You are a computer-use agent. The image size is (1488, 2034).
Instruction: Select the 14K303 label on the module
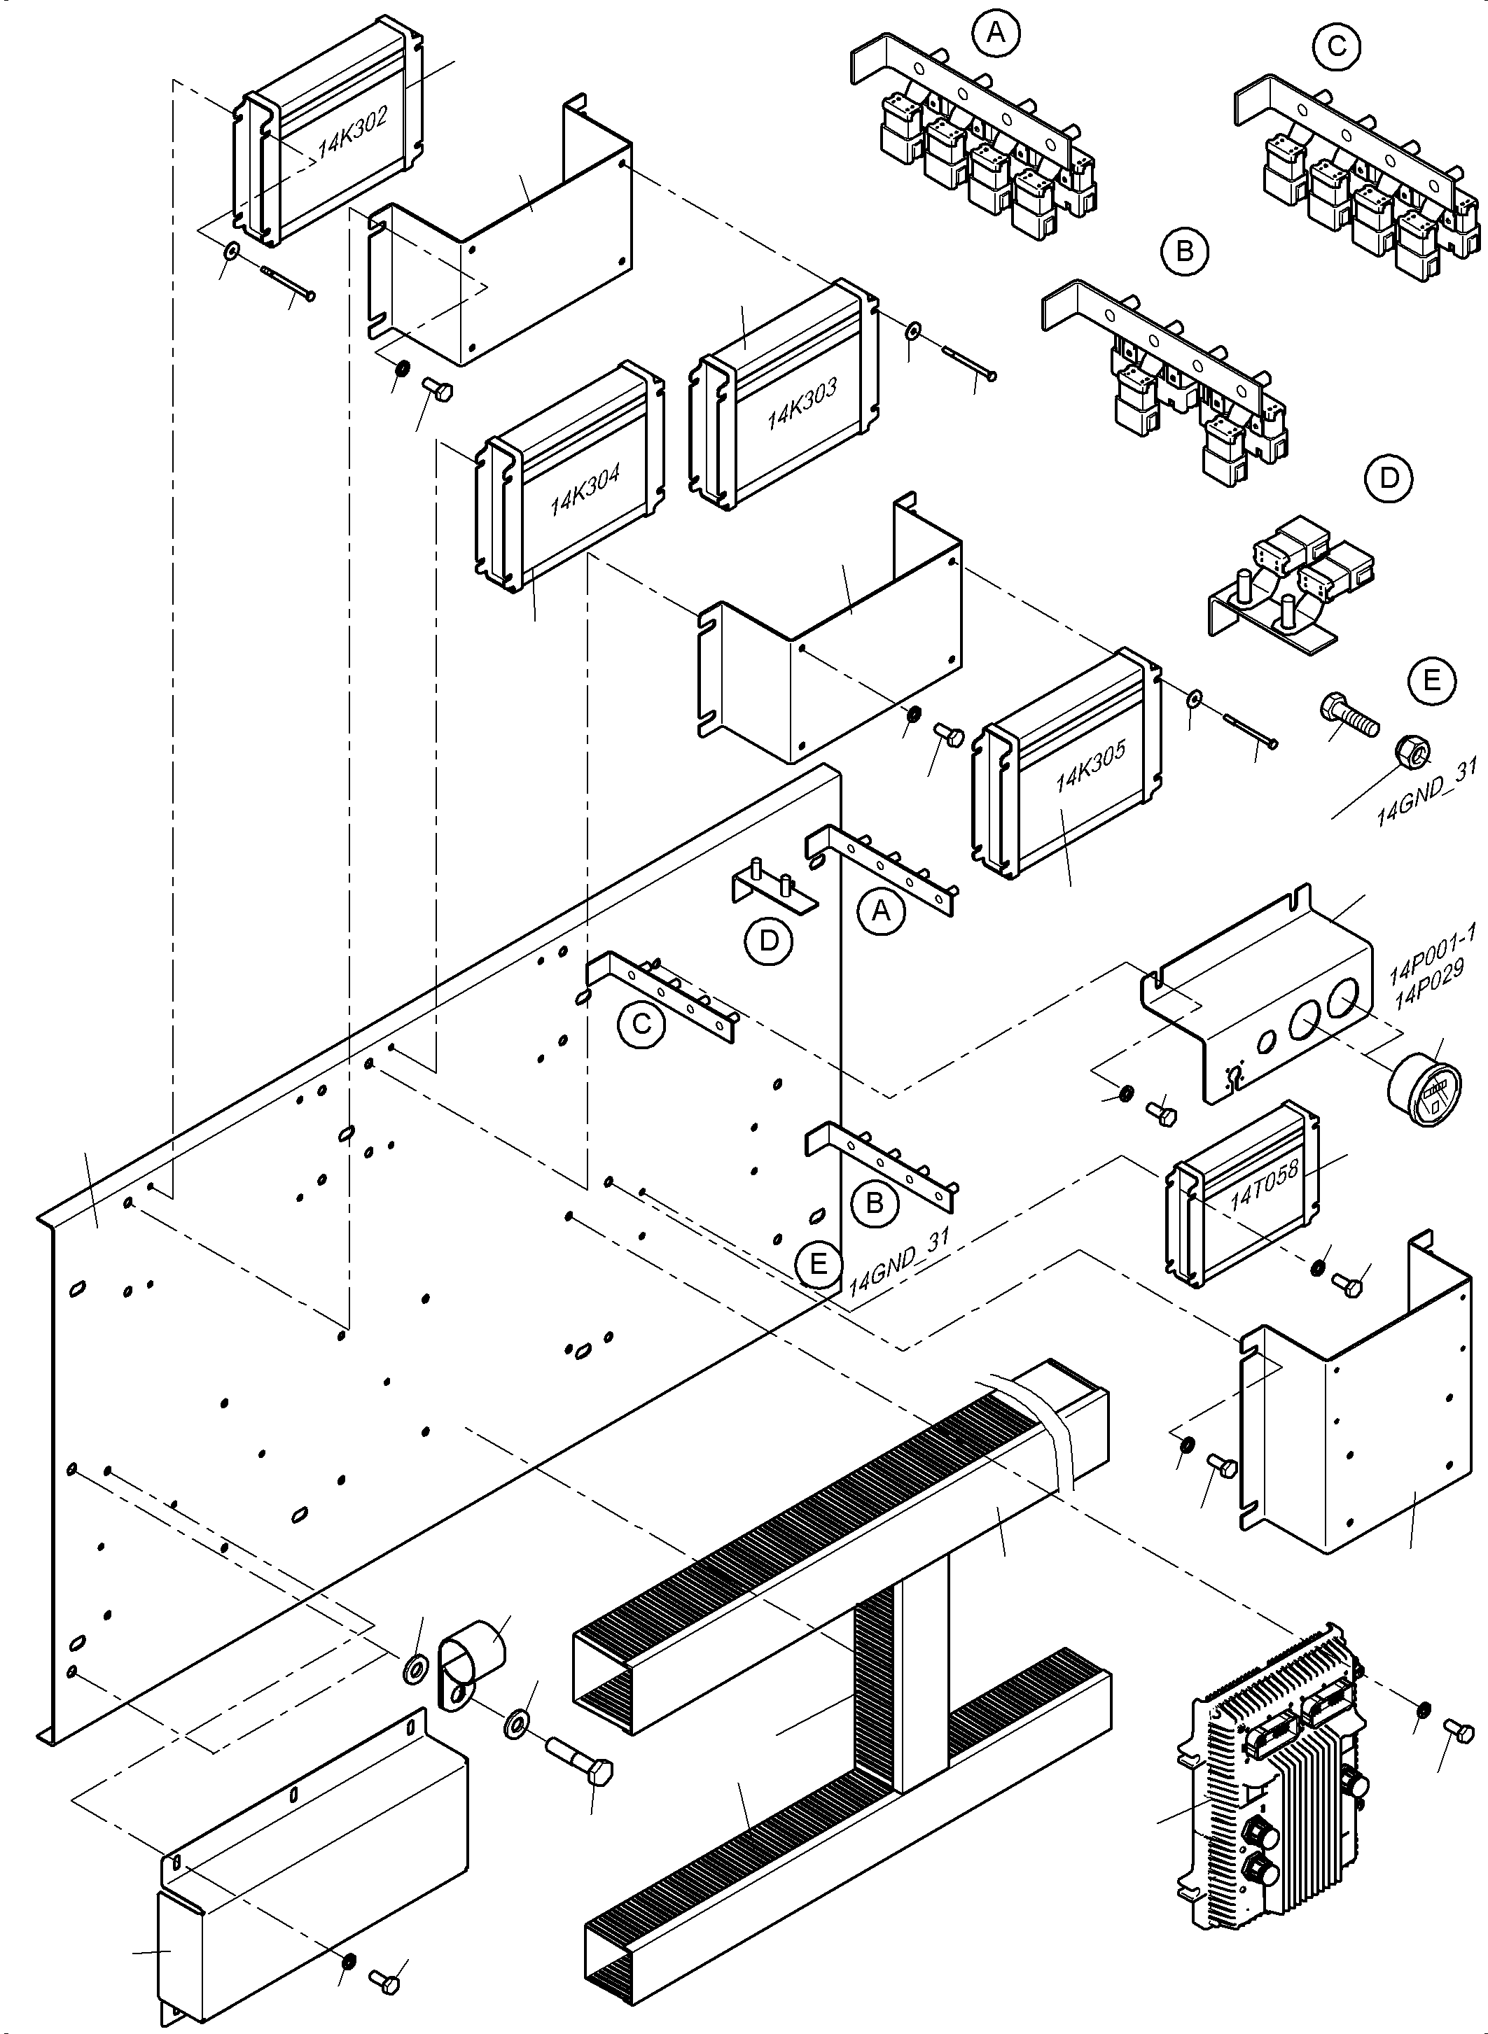point(802,402)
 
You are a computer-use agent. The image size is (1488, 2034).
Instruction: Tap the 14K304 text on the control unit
point(585,491)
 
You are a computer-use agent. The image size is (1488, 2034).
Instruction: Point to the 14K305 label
point(1090,767)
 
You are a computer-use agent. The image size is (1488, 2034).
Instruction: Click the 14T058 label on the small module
point(1264,1186)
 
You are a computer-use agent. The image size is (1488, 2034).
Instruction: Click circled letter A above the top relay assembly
point(994,34)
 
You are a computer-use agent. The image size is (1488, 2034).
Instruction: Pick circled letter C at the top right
point(1337,45)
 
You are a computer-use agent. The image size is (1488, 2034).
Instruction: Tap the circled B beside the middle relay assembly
point(1185,251)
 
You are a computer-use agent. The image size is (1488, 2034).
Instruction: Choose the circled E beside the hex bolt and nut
point(1432,681)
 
